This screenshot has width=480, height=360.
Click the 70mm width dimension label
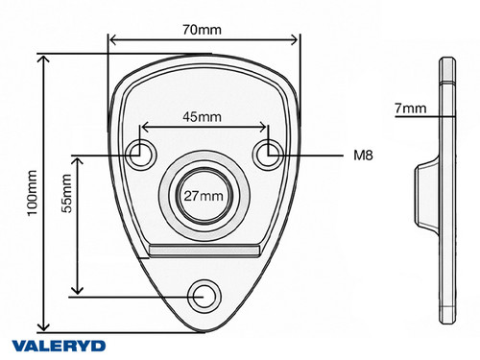point(204,30)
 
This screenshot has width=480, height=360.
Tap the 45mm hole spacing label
point(204,117)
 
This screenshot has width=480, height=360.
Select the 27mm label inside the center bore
point(204,196)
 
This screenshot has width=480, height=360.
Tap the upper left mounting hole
point(143,151)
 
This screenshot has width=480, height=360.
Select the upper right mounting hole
point(268,151)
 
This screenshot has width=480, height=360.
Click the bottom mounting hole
point(204,295)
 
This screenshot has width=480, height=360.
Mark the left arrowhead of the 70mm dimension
point(112,40)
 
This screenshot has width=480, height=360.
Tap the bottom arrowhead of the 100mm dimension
point(44,326)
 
